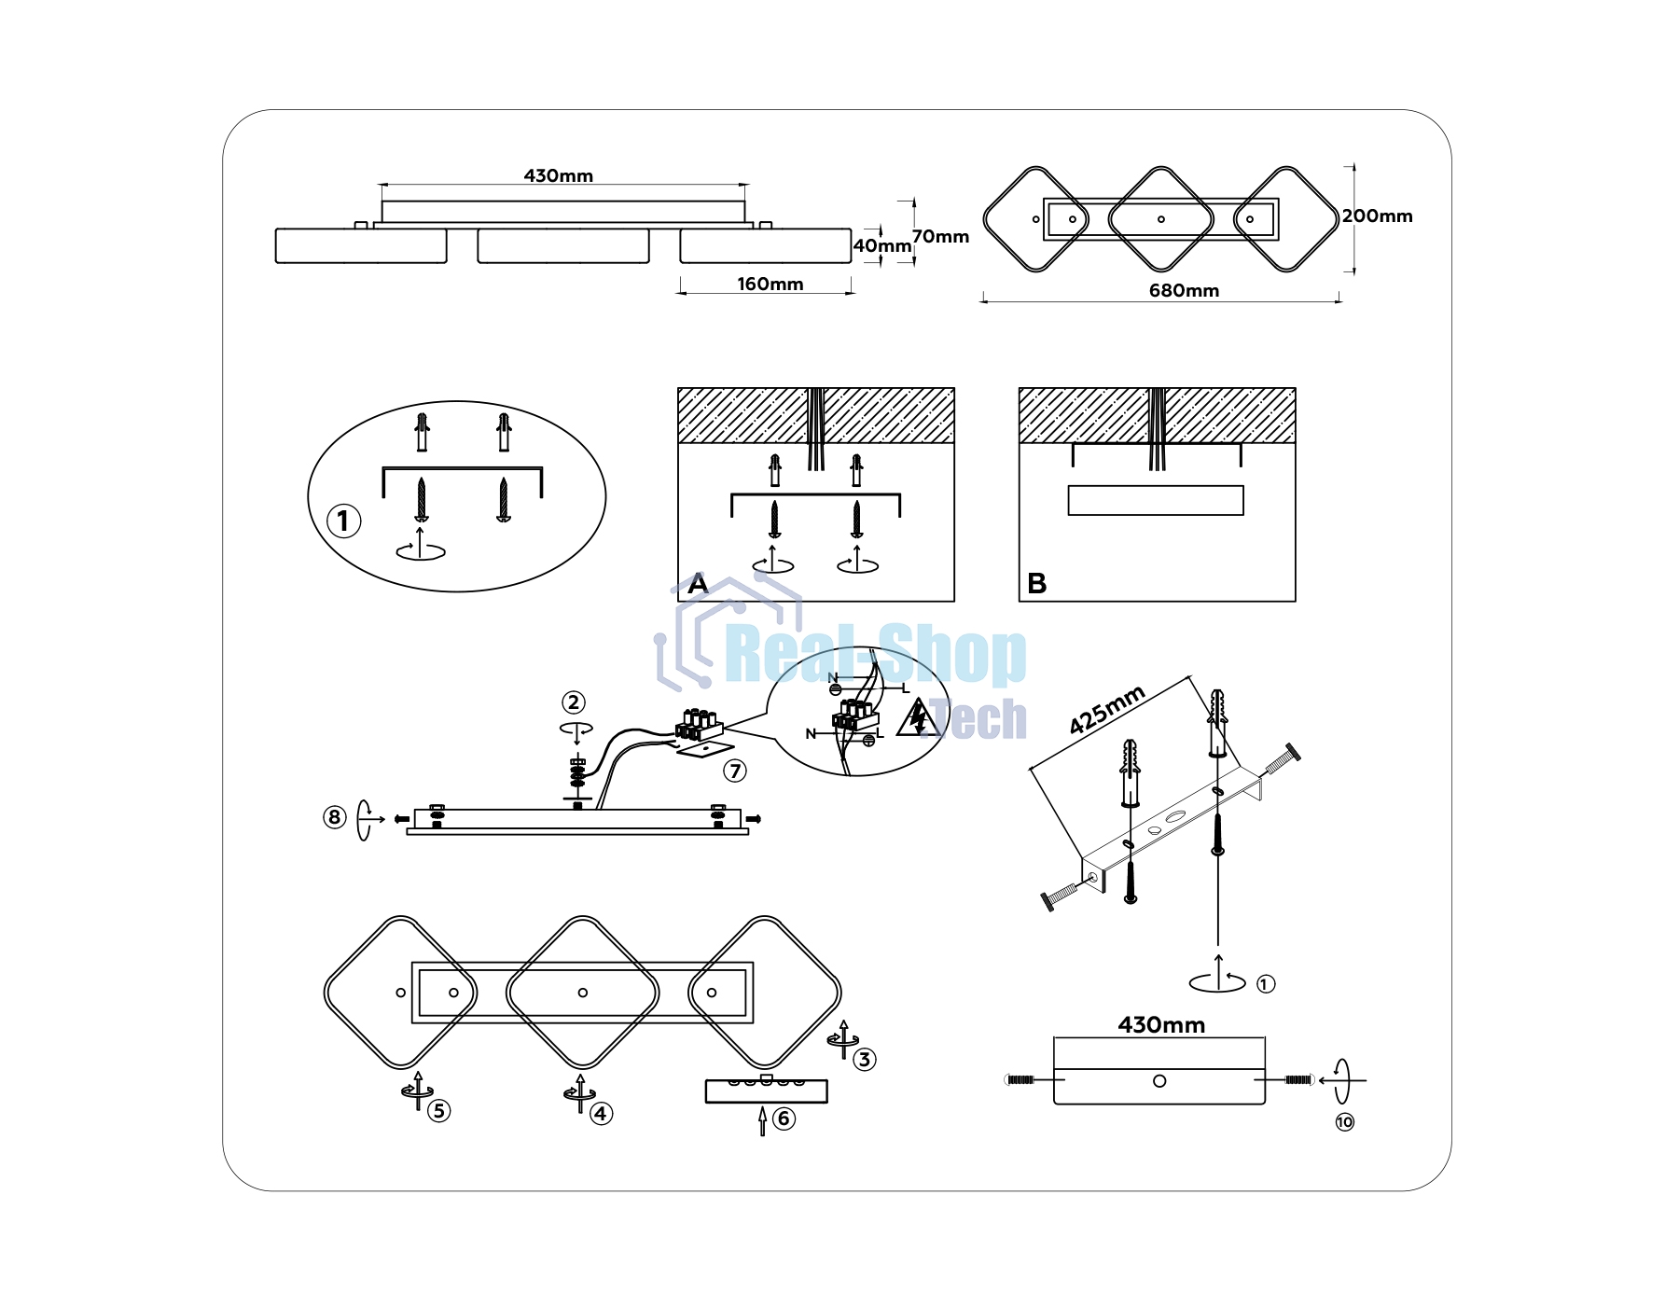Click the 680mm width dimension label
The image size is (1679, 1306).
click(1184, 290)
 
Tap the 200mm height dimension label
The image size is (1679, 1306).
click(1377, 215)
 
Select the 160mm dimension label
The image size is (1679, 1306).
click(770, 284)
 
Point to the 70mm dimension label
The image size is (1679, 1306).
click(940, 236)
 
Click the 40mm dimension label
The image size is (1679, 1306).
click(882, 245)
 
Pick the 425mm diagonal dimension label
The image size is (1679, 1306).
click(1106, 710)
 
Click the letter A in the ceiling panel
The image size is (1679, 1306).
click(698, 584)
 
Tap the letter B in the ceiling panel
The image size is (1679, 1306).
click(1036, 584)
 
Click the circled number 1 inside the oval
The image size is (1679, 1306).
click(343, 521)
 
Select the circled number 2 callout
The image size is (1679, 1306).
click(574, 702)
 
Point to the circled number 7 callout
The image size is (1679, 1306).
click(735, 771)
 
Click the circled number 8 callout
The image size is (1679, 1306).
click(334, 817)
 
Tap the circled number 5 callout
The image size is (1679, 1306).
click(438, 1110)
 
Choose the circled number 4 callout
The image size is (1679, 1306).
click(601, 1113)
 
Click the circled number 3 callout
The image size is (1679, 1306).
click(865, 1059)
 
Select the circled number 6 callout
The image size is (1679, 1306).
click(784, 1118)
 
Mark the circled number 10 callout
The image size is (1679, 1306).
click(1344, 1121)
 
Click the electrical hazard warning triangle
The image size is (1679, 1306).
click(919, 718)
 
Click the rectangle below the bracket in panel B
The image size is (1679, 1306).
click(1156, 500)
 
